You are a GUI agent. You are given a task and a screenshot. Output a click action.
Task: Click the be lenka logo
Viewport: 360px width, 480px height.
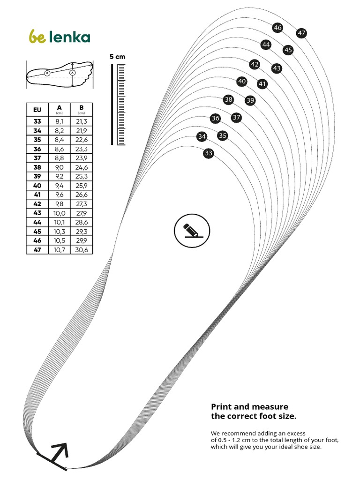coord(59,37)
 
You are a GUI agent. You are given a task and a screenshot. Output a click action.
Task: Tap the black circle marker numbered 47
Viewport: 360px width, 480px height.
coord(301,33)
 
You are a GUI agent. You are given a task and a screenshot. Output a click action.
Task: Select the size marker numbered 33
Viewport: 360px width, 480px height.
coord(209,153)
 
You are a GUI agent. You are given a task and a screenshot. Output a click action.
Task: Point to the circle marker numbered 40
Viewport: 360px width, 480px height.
coord(242,82)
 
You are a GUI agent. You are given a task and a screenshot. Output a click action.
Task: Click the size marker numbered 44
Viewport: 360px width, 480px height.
coord(266,45)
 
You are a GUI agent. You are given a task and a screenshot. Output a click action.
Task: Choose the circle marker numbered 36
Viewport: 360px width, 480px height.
coord(215,119)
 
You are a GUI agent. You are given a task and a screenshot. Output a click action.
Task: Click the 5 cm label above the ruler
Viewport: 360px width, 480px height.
coord(118,56)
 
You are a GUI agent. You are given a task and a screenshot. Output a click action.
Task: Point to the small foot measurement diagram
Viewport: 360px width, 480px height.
coord(59,74)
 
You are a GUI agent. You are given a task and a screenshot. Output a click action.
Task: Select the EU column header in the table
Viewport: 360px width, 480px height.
coord(37,110)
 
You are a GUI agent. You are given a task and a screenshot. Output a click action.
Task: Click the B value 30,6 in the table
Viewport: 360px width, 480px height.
coord(82,250)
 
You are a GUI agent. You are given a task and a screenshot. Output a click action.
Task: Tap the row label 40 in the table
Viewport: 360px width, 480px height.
coord(37,185)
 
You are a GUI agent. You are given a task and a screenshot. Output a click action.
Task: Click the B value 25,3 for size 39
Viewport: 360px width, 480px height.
coord(82,176)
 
